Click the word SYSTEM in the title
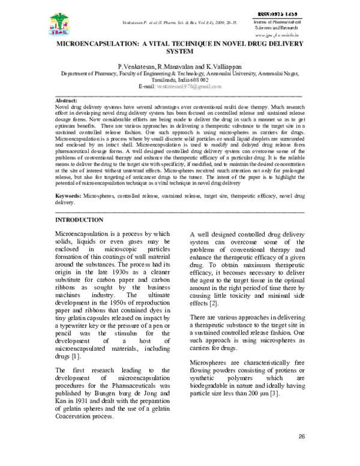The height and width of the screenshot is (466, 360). (180, 52)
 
